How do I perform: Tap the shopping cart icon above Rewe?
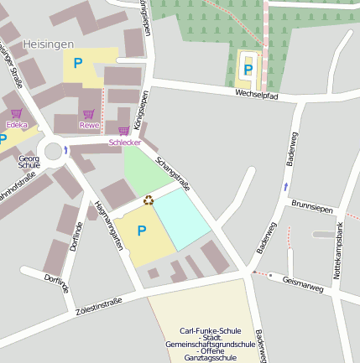point(89,114)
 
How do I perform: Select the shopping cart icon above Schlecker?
point(124,131)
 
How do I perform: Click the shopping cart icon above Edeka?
point(17,113)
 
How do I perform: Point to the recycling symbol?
point(149,200)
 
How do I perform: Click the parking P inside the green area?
point(248,69)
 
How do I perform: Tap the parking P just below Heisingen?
point(78,63)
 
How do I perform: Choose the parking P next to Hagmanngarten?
point(141,231)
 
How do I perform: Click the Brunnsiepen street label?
point(312,205)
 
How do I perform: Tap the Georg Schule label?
point(29,161)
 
